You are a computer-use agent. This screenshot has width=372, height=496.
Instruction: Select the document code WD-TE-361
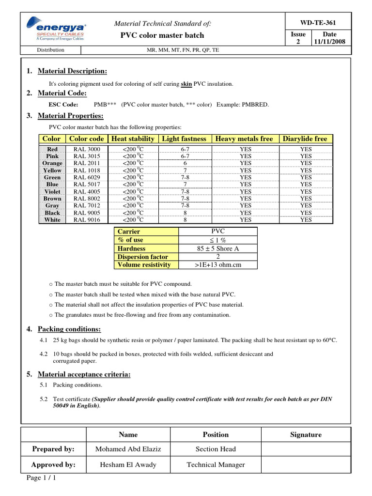pos(318,23)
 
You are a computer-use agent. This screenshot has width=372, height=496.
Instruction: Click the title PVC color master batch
pos(162,35)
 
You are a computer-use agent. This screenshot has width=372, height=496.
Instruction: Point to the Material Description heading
pos(72,71)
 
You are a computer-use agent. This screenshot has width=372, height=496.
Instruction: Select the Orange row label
pos(52,163)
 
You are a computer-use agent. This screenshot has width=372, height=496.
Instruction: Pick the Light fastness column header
pos(184,139)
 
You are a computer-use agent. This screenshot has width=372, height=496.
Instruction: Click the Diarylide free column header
pos(306,139)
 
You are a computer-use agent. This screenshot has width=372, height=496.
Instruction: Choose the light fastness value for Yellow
pos(185,170)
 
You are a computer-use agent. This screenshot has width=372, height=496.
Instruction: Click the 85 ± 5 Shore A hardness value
pos(218,248)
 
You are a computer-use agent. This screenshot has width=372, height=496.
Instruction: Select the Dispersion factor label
pos(143,257)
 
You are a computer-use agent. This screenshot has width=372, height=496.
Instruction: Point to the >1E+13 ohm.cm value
pos(218,265)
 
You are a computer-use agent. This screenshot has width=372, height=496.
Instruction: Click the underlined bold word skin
pos(186,84)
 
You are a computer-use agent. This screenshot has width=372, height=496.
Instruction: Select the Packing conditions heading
pos(69,329)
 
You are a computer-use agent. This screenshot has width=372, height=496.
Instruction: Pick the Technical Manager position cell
pos(216,465)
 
